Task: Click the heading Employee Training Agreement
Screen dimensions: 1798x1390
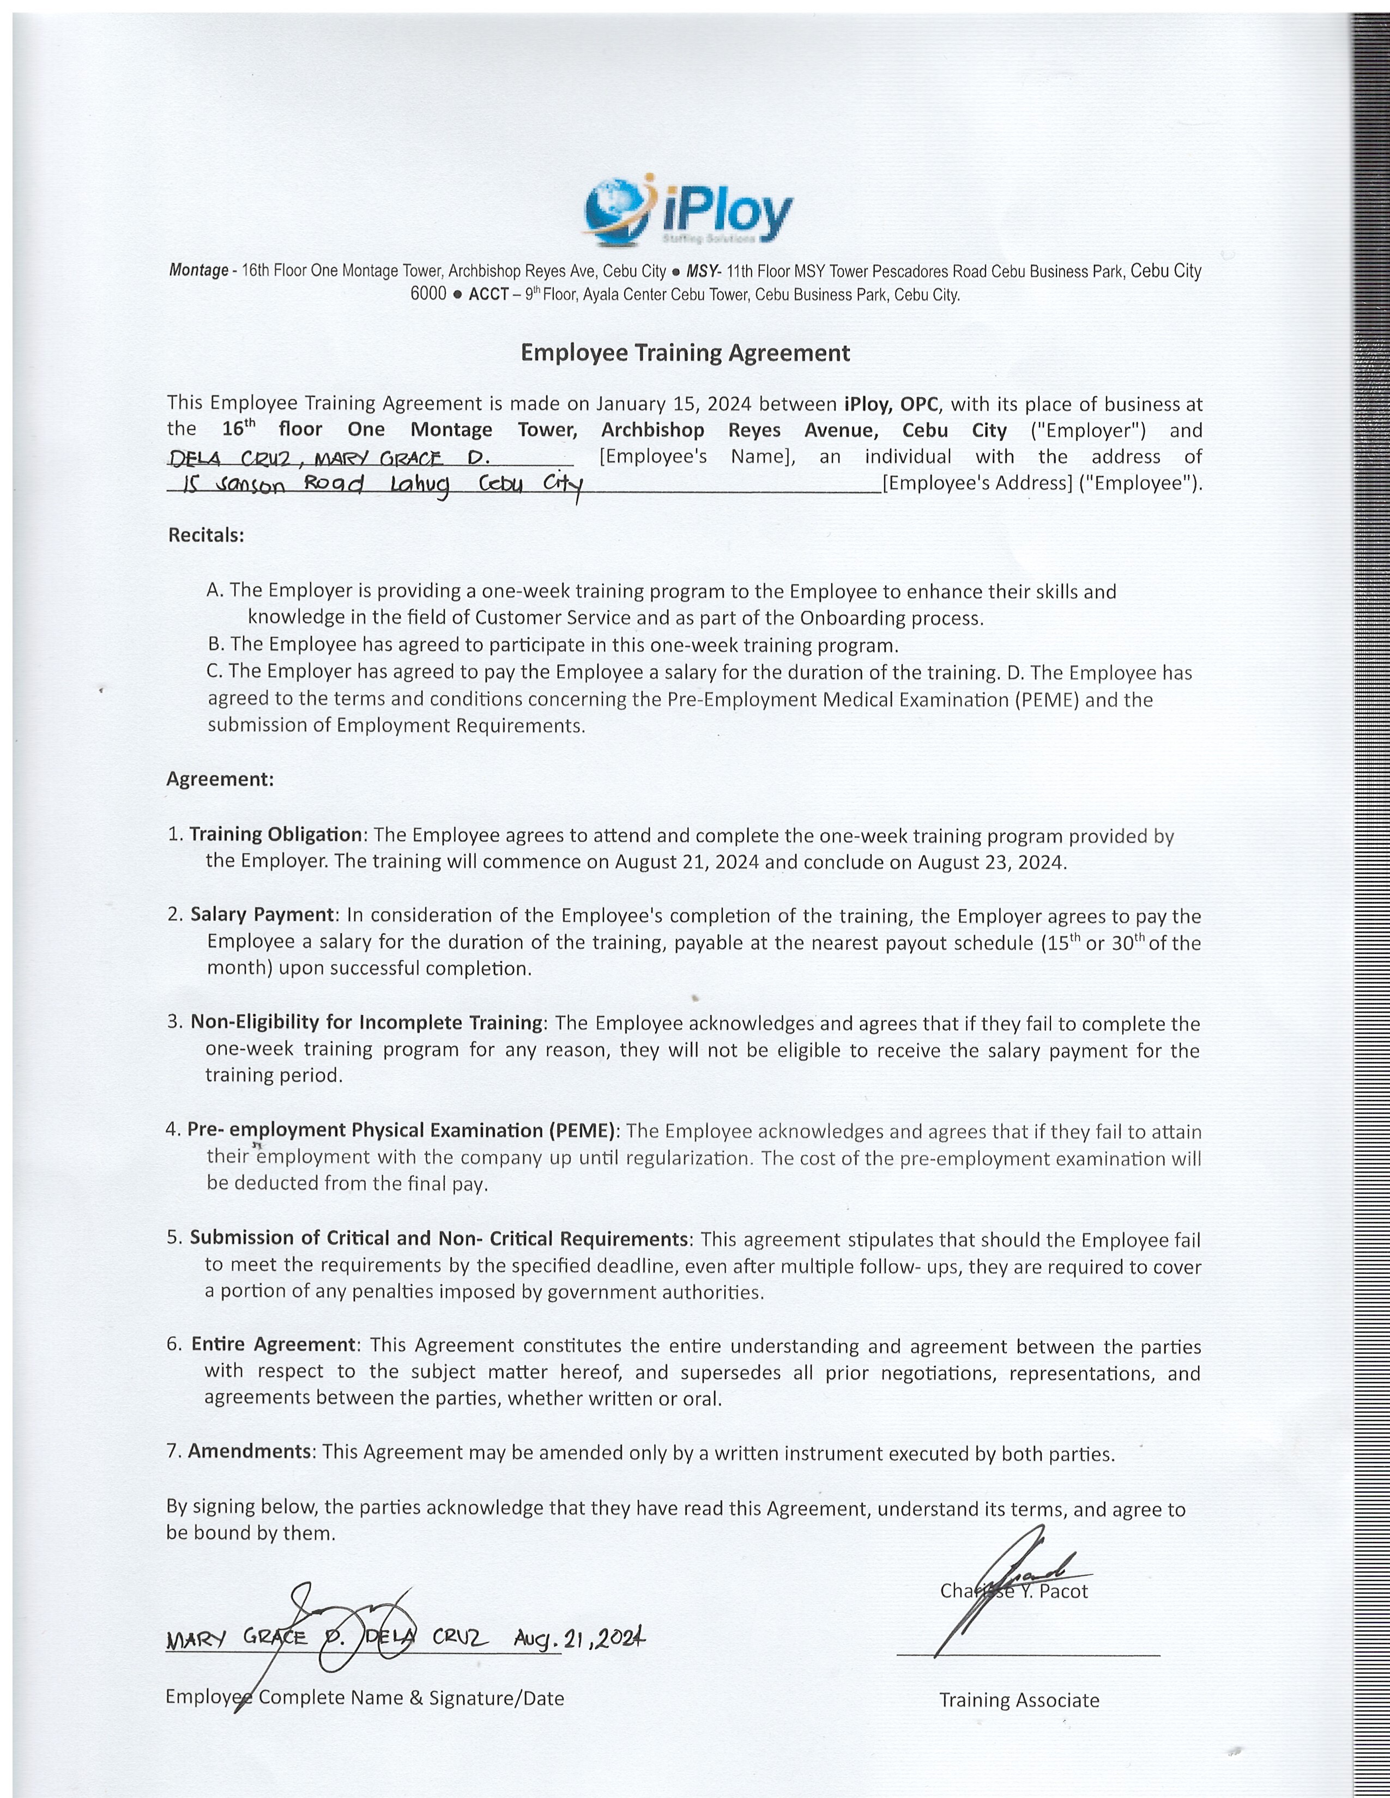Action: [x=685, y=353]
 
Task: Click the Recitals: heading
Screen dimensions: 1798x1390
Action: [x=206, y=535]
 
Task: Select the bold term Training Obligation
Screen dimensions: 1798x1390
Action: [x=276, y=834]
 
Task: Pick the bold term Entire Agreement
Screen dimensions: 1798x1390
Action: [x=274, y=1344]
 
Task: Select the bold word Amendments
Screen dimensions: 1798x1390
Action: [x=250, y=1450]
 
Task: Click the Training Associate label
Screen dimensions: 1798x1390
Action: [x=1019, y=1700]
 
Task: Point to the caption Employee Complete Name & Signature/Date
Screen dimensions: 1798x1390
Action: [x=365, y=1698]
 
